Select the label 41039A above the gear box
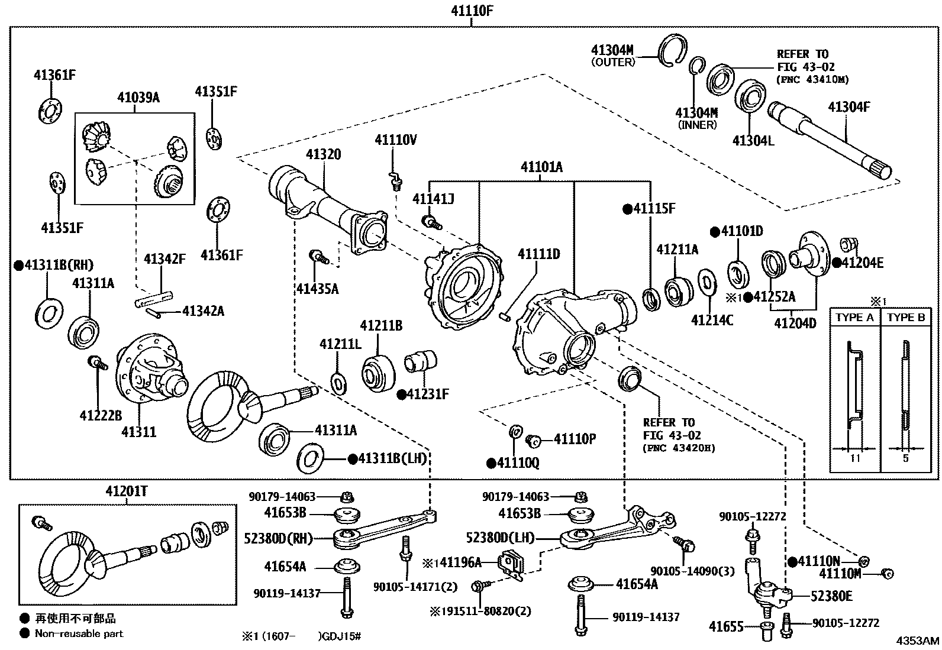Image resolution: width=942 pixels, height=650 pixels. coord(138,98)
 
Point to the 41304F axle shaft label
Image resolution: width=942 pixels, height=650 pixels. coord(849,107)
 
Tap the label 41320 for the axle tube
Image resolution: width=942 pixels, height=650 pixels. coord(323,155)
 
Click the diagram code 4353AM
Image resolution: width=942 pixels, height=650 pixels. coord(917,641)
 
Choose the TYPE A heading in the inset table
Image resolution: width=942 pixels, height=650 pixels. coord(854,318)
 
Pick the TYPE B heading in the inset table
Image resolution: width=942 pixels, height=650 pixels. coord(905,318)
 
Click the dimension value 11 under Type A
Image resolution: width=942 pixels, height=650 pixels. coord(855,458)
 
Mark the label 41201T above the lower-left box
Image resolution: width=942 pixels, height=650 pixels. coord(127,491)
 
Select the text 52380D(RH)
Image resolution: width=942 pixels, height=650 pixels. coord(278,538)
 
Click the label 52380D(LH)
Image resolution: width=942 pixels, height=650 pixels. coord(500,538)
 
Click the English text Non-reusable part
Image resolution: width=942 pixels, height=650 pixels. coord(79,633)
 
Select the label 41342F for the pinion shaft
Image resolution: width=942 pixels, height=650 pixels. coord(164,258)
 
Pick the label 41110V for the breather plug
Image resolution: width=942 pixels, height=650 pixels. coord(395,140)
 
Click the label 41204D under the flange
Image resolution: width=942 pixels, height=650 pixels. coord(795,322)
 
